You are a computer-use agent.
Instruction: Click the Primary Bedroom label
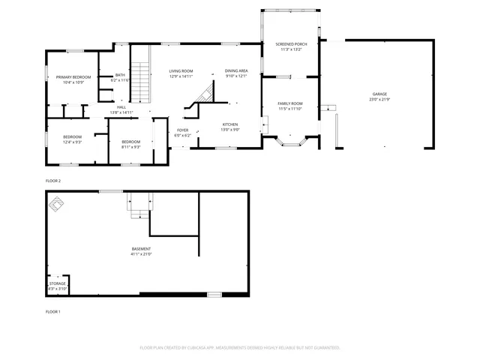tap(73, 77)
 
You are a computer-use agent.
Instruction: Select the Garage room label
tap(380, 95)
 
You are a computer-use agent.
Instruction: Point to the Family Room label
tap(289, 103)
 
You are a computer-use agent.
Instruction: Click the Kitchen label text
tap(229, 124)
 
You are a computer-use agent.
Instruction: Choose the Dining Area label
tap(236, 70)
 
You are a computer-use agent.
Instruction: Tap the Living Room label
tap(181, 70)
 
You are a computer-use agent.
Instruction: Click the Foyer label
tap(183, 130)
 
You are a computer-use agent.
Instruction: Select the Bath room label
tap(120, 75)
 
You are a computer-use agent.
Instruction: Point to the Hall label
tap(121, 107)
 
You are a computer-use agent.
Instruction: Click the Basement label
tap(141, 249)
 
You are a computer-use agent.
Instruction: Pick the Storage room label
tap(58, 283)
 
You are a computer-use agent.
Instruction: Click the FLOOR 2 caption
tap(53, 181)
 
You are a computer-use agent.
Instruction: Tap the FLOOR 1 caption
tap(53, 311)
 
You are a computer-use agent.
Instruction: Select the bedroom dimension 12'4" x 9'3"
tap(73, 142)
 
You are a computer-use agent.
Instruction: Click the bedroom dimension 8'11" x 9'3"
tap(130, 147)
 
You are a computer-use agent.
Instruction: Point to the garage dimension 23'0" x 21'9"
tap(380, 100)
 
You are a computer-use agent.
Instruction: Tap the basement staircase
tap(139, 205)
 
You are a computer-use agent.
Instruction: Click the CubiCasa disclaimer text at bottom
tap(240, 348)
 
